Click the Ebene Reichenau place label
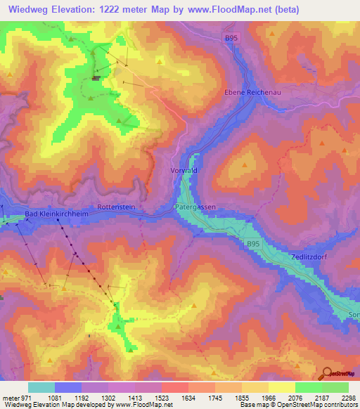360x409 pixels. click(252, 93)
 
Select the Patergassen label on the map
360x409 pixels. click(195, 207)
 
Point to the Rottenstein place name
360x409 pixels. click(115, 207)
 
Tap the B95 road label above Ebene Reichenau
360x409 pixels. click(233, 37)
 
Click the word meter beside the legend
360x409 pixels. click(9, 398)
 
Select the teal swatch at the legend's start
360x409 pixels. click(41, 387)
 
